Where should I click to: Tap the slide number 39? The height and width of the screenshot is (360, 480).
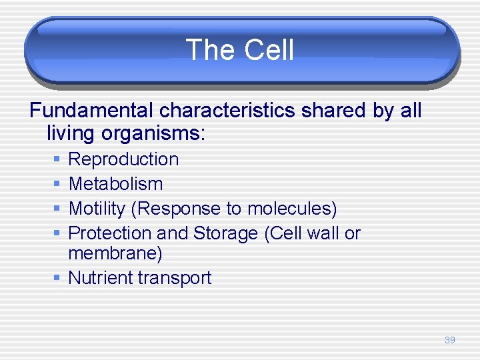coord(450,340)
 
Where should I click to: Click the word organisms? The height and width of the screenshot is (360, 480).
coord(153,133)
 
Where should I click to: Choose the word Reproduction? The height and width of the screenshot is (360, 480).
coord(123,159)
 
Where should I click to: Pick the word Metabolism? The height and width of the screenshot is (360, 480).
coord(115,184)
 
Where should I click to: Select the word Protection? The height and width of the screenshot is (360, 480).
coord(109,233)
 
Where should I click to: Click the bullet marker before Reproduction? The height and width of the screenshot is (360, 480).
coord(57,160)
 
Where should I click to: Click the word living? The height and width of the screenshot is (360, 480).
coord(71,133)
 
